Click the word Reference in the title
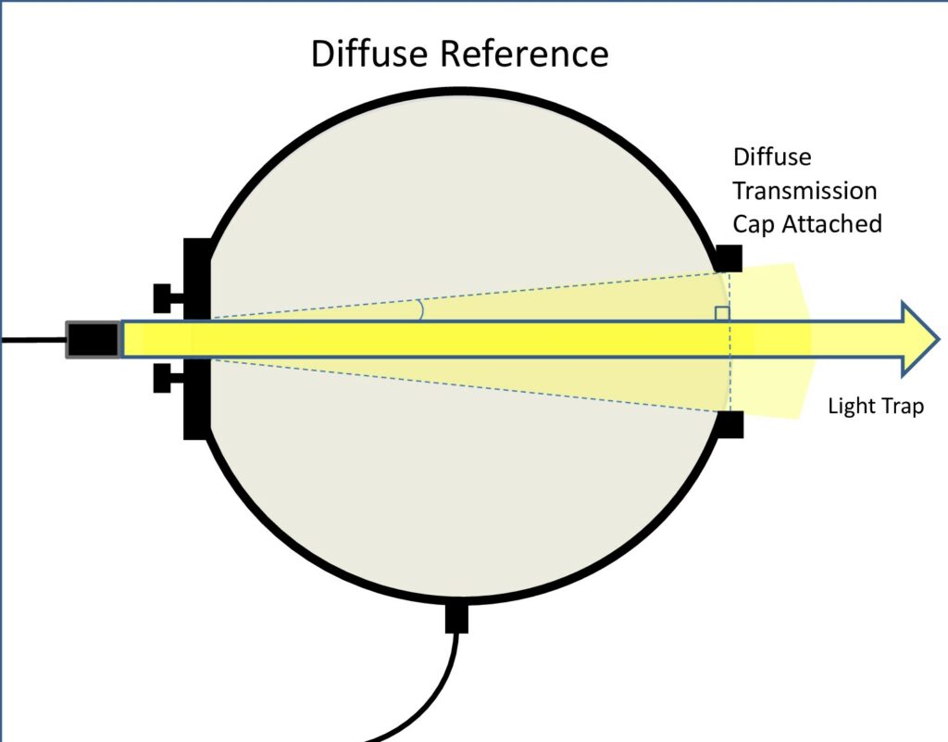click(x=522, y=54)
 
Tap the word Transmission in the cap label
click(x=805, y=190)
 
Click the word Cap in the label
click(x=751, y=223)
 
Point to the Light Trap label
click(x=875, y=406)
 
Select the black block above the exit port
click(x=729, y=258)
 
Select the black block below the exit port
click(x=729, y=423)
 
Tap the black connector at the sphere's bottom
click(x=457, y=617)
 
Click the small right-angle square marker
click(x=722, y=314)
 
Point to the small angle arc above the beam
click(x=421, y=309)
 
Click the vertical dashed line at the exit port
click(x=730, y=371)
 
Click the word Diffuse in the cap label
click(x=772, y=157)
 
